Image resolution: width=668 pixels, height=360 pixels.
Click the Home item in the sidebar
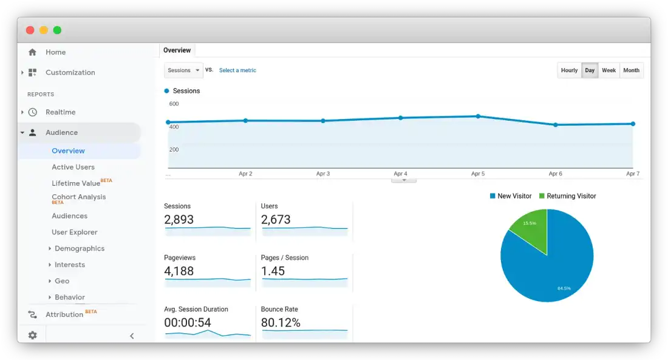click(x=55, y=52)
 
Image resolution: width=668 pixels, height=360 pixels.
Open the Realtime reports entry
click(x=60, y=112)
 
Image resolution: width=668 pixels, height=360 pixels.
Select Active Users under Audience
click(x=73, y=167)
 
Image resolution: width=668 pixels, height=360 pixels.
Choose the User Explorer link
click(x=74, y=232)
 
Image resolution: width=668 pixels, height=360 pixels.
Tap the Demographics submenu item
click(x=79, y=248)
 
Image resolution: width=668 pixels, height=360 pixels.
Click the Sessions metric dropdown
click(x=183, y=70)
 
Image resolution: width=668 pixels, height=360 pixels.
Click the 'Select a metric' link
click(x=237, y=70)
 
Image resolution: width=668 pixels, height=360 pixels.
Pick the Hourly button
click(x=569, y=70)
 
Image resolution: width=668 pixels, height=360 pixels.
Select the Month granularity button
click(x=631, y=70)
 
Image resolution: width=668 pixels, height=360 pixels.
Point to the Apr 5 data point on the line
click(x=478, y=116)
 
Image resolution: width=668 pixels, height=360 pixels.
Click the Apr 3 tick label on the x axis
click(x=323, y=174)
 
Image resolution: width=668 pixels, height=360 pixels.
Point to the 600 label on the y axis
click(x=174, y=104)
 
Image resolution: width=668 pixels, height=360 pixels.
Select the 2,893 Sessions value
click(x=179, y=220)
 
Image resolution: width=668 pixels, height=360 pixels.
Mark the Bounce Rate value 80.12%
click(x=281, y=323)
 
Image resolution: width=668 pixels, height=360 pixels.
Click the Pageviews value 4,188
click(x=179, y=271)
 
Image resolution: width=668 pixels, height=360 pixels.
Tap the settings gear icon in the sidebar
click(x=32, y=335)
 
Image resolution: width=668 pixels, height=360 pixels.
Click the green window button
click(x=57, y=30)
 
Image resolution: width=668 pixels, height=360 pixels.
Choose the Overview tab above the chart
click(x=177, y=50)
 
